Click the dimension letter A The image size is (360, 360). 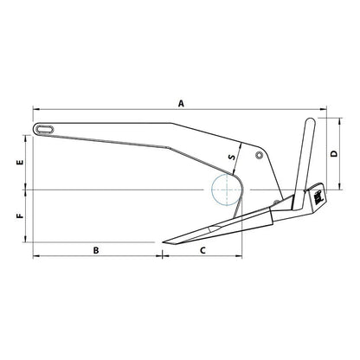181,103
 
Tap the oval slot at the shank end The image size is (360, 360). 45,129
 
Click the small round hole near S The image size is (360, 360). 259,156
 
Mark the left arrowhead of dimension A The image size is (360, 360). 35,110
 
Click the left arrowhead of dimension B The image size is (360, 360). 35,257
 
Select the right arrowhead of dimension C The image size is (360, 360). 243,257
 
